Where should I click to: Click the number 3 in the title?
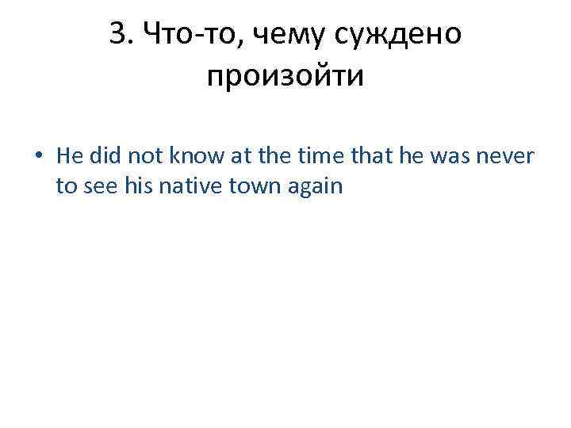coord(117,35)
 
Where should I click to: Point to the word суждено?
coord(401,35)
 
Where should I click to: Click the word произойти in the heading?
coord(285,78)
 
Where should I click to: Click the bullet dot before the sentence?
coord(39,156)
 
